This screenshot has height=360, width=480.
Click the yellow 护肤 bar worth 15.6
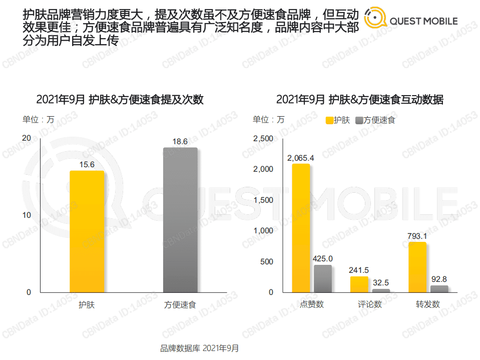coord(87,231)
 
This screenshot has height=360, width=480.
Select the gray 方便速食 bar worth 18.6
coord(180,220)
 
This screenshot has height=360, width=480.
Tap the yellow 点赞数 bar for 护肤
coord(301,228)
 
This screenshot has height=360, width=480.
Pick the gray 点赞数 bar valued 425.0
coord(323,278)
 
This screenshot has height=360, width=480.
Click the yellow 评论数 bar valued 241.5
coord(359,284)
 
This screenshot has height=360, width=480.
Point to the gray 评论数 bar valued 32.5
coord(381,290)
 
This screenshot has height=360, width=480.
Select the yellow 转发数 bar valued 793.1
coord(417,267)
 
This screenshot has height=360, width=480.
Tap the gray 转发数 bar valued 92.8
coord(439,289)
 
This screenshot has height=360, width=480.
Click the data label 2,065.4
coord(300,158)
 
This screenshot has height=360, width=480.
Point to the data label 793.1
coord(417,236)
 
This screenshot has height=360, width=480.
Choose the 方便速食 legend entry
coord(375,120)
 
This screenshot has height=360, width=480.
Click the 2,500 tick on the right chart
coord(263,138)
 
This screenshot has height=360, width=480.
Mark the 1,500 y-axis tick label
coord(263,200)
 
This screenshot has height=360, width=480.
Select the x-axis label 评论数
coord(370,304)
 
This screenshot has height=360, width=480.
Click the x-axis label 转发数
coord(428,304)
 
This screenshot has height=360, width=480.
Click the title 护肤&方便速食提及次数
coord(120,99)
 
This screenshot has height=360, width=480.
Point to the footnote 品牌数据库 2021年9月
coord(200,348)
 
